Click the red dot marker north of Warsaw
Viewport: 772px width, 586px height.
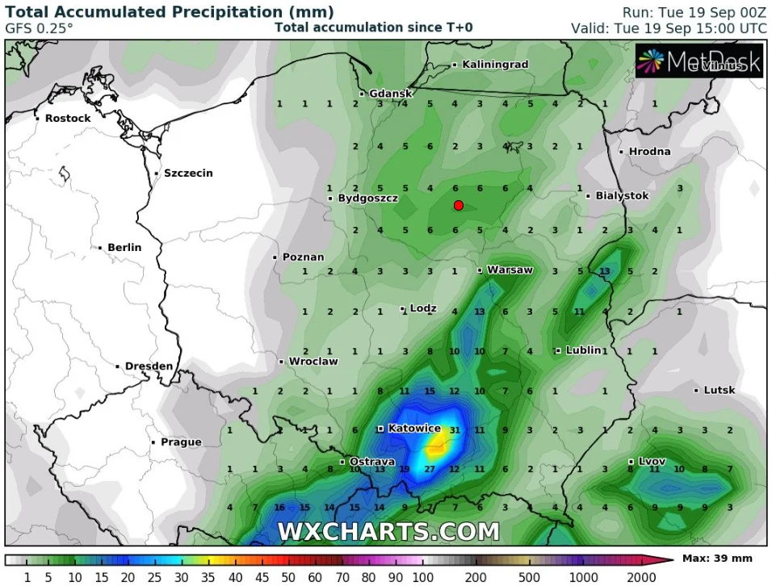click(458, 205)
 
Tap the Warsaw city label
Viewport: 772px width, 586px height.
click(510, 270)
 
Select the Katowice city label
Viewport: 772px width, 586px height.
click(415, 429)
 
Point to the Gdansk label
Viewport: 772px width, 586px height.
click(391, 94)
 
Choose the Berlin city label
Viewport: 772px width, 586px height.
click(124, 247)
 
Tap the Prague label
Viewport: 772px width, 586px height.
click(180, 442)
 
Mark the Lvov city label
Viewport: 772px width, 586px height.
click(652, 461)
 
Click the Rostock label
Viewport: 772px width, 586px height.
click(68, 118)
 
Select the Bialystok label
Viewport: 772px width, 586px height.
click(622, 195)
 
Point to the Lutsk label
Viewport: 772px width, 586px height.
click(719, 390)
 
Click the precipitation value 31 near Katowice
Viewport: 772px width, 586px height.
click(455, 429)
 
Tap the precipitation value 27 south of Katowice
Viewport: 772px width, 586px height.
click(430, 469)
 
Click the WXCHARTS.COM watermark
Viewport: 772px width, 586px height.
click(388, 531)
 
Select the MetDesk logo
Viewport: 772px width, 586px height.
click(699, 61)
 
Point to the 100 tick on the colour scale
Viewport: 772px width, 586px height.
click(422, 577)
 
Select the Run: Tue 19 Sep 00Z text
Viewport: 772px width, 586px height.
click(694, 12)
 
